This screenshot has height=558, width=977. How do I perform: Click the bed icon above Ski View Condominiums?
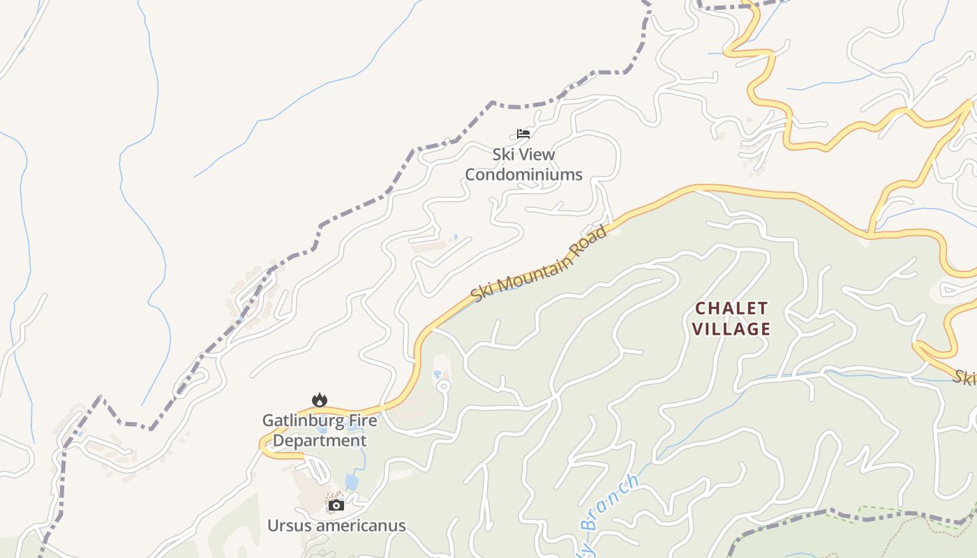(x=523, y=133)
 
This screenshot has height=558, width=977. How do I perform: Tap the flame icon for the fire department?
(x=320, y=400)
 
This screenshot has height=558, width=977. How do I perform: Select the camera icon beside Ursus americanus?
(x=336, y=505)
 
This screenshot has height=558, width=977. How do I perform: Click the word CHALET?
(x=732, y=308)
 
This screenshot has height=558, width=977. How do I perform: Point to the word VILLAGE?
(x=732, y=329)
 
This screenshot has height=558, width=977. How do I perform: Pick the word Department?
(x=320, y=441)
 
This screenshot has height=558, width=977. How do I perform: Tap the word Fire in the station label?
(x=363, y=421)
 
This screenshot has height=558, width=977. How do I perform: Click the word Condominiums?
(x=523, y=174)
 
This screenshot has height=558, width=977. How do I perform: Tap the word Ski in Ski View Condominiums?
(x=502, y=154)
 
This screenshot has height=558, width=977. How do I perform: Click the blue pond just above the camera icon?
(x=352, y=482)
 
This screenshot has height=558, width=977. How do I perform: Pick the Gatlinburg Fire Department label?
(x=320, y=430)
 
